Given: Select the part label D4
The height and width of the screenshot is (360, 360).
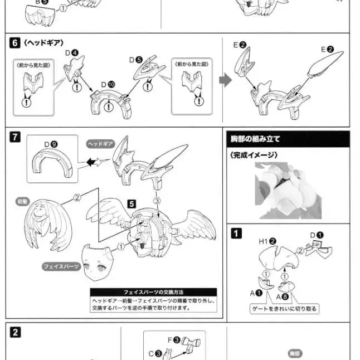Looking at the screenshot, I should [x=72, y=54].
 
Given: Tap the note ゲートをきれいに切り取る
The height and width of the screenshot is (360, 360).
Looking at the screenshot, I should [x=293, y=308].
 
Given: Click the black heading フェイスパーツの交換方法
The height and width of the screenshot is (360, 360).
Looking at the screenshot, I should [x=153, y=292].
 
